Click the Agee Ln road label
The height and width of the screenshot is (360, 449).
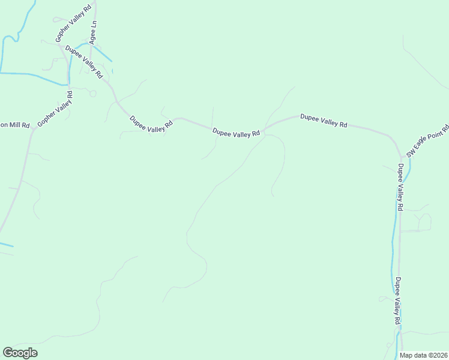93,33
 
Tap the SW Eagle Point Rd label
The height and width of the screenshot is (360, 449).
427,141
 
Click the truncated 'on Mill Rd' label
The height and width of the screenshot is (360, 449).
14,125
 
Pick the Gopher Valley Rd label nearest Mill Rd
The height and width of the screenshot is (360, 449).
55,109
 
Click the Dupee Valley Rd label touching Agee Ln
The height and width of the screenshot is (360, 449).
85,62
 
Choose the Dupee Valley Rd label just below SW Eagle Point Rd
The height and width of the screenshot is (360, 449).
400,187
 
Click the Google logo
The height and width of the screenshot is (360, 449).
20,353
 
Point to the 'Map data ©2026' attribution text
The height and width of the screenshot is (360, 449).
424,355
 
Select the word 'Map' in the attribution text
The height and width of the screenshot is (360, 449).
406,355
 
